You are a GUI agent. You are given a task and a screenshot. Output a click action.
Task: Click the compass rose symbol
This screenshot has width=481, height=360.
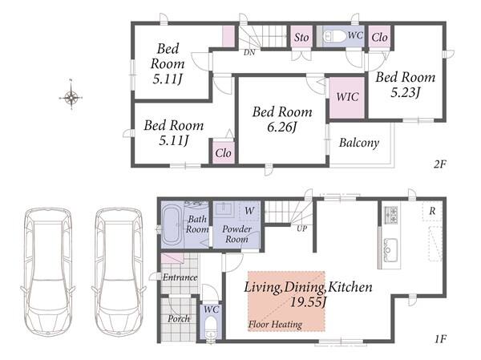pos(71,98)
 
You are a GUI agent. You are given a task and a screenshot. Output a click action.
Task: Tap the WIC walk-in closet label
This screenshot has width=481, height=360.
pos(347,97)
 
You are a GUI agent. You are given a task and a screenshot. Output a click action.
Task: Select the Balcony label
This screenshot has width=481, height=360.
pos(359,143)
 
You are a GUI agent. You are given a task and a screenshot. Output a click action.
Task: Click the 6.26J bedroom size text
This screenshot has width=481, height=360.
pos(281,127)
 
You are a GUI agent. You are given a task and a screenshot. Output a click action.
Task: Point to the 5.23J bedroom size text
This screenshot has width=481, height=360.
pos(405,92)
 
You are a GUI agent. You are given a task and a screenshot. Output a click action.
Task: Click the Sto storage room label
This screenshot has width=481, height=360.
pos(301,38)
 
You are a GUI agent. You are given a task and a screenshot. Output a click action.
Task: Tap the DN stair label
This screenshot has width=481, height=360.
pos(249,53)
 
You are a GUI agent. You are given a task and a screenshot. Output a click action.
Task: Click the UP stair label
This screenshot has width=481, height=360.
pos(301,229)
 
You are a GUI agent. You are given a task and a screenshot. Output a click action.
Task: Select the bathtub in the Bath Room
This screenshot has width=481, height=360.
pos(172,226)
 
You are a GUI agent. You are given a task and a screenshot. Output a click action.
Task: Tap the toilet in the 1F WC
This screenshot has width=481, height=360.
pos(211,327)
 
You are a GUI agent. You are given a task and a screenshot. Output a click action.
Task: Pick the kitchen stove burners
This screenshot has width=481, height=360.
pos(391,215)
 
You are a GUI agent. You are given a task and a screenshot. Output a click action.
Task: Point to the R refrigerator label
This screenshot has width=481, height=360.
pos(432,211)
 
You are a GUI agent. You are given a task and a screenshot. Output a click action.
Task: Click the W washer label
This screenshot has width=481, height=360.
pos(249,211)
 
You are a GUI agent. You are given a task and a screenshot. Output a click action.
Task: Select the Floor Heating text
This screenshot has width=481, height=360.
pos(275,324)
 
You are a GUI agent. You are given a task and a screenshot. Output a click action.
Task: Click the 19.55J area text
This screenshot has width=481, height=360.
pos(308,302)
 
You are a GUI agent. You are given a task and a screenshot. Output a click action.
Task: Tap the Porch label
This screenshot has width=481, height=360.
pos(179,319)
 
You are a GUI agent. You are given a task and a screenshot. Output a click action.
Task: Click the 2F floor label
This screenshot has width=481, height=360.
pos(439,164)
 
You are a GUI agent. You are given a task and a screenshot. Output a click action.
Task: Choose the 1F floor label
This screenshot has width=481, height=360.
pos(440,339)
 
